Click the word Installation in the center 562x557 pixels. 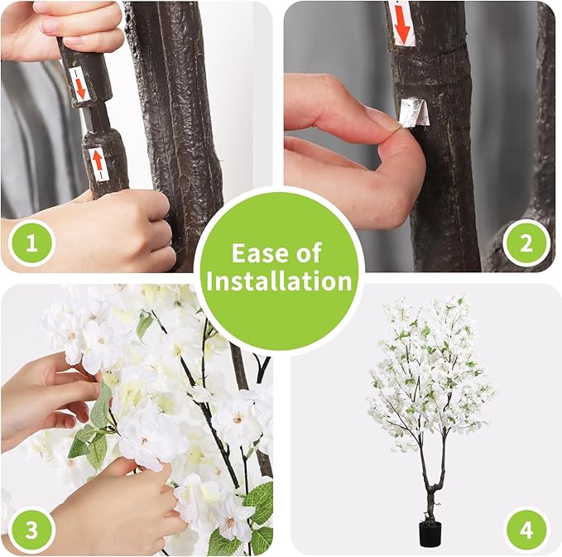tap(280, 281)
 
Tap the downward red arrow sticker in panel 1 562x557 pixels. tap(80, 83)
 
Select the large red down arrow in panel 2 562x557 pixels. tap(402, 22)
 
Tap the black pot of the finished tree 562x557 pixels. tap(428, 534)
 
